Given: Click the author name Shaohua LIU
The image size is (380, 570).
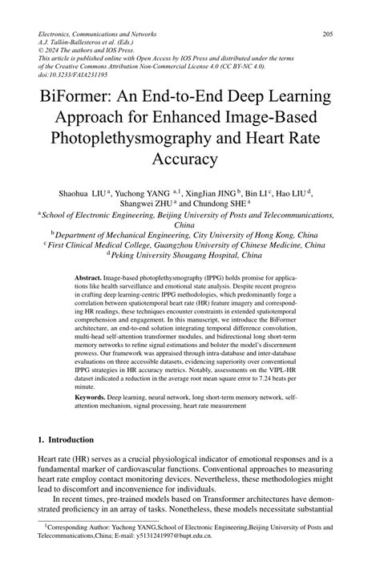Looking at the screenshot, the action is click(82, 192).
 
